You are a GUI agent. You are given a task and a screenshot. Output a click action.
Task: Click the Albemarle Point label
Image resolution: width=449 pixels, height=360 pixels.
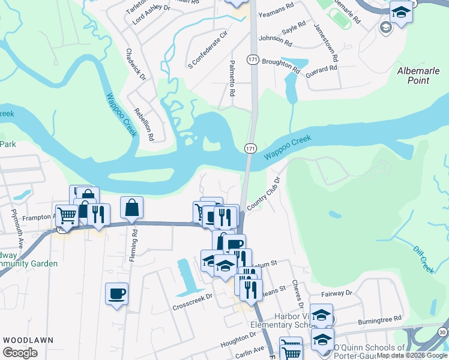coord(421,76)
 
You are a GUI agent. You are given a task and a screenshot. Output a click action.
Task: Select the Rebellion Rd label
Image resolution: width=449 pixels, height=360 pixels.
coord(145,124)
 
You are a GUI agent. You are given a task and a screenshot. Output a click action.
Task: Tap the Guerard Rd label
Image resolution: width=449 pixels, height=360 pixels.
coord(321,70)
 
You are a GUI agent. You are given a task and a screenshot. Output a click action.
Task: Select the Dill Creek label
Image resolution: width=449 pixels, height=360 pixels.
coord(424,260)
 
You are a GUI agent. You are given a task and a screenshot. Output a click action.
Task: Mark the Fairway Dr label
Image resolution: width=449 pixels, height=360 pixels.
coord(336,294)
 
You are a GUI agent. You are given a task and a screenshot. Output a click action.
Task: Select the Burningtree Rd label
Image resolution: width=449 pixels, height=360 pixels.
coord(379,320)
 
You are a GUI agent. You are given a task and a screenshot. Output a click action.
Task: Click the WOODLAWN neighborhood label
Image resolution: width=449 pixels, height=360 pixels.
coord(28,340)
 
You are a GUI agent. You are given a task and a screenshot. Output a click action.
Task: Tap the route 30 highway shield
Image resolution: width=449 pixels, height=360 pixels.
coord(442,332)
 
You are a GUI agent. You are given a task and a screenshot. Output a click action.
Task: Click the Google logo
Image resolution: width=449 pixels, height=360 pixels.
coord(20,353)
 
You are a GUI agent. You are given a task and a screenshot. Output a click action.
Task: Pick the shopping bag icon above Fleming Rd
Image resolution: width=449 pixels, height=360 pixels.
coord(131,208)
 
